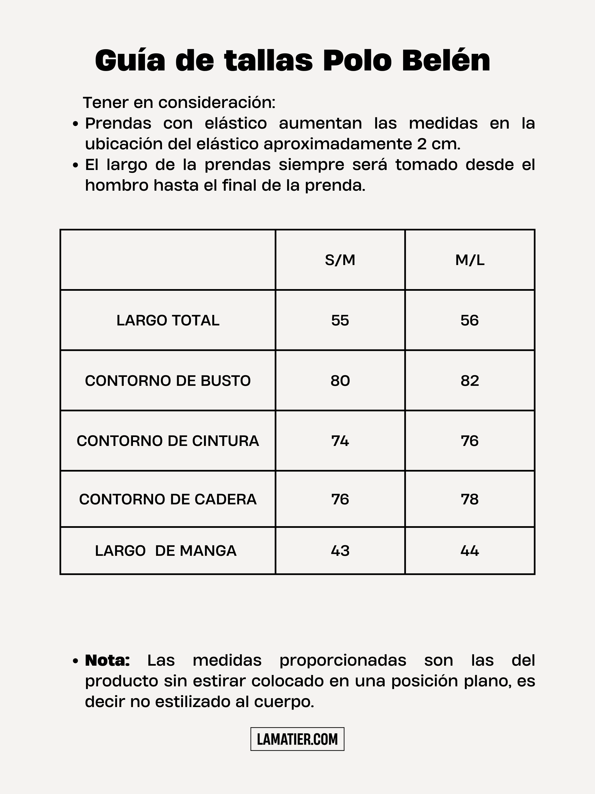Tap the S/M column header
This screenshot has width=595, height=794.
340,260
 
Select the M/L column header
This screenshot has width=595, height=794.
470,260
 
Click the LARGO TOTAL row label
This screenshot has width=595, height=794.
168,320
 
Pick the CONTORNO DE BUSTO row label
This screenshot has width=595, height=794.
168,381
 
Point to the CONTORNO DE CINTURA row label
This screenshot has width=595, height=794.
168,441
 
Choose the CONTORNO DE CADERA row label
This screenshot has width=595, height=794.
168,499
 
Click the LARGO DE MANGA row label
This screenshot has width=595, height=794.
166,551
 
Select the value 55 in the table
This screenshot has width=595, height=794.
340,320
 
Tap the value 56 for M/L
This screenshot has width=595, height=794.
470,320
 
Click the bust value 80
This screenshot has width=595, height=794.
340,381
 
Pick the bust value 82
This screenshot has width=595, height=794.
470,381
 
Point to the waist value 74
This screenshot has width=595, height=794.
340,441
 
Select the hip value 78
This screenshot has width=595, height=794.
470,499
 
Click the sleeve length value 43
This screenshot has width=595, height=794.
340,551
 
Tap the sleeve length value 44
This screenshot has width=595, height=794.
470,551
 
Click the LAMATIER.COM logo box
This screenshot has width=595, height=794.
297,739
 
